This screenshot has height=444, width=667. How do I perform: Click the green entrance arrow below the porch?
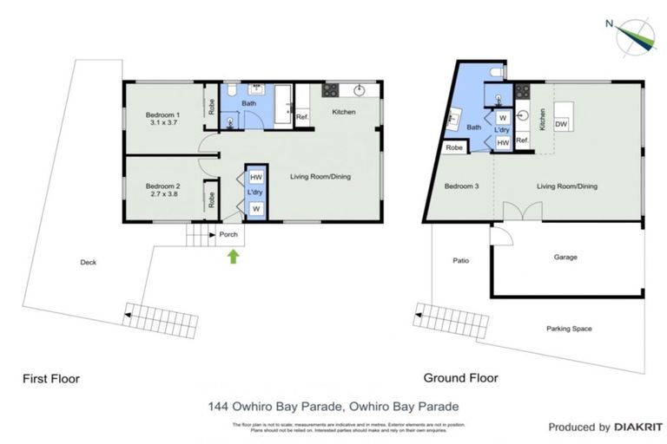point(232,256)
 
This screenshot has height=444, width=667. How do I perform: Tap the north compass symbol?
point(634,35)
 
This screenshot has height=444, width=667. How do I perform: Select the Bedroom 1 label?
point(162,114)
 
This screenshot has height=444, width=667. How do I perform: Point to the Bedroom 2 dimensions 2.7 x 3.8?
point(162,194)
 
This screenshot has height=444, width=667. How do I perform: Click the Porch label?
point(228,234)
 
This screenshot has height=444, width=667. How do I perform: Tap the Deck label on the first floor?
point(88,263)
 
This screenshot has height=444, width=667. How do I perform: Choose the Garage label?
point(565,257)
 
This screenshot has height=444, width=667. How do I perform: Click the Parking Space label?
point(570,328)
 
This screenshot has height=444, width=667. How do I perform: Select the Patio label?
point(460,259)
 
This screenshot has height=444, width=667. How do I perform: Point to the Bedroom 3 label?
point(461,186)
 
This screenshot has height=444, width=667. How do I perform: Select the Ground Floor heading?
point(461,378)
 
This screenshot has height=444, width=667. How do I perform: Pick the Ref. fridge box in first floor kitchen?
point(302,117)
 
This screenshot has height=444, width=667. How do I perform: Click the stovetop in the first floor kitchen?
point(331,89)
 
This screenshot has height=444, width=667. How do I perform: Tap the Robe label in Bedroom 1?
point(211,108)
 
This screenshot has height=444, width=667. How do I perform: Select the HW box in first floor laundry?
point(256,178)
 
